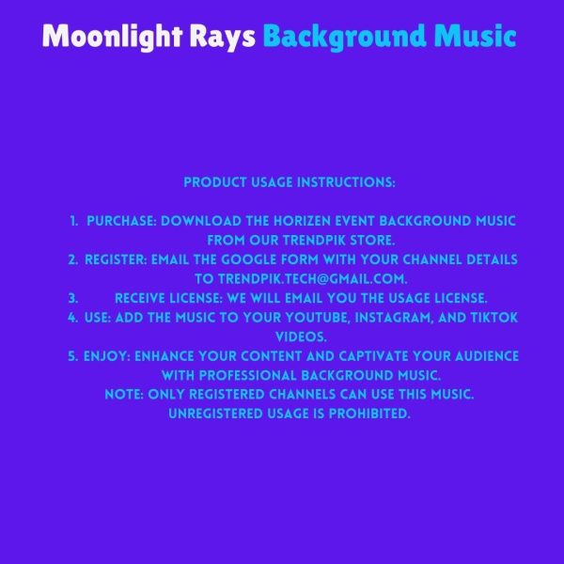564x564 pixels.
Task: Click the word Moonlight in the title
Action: (x=113, y=37)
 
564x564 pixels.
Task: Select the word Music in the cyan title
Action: (x=475, y=36)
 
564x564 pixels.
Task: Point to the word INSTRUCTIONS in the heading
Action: (x=346, y=182)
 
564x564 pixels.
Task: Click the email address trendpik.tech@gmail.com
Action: (x=312, y=279)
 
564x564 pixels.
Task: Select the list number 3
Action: (x=73, y=299)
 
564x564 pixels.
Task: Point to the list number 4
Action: (x=72, y=318)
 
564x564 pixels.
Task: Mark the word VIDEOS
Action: (x=301, y=337)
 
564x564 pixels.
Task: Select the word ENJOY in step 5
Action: (x=107, y=356)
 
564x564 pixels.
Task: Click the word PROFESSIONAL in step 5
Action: (x=248, y=376)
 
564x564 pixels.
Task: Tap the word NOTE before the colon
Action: (x=124, y=395)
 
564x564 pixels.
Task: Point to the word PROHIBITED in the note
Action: (x=369, y=414)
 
